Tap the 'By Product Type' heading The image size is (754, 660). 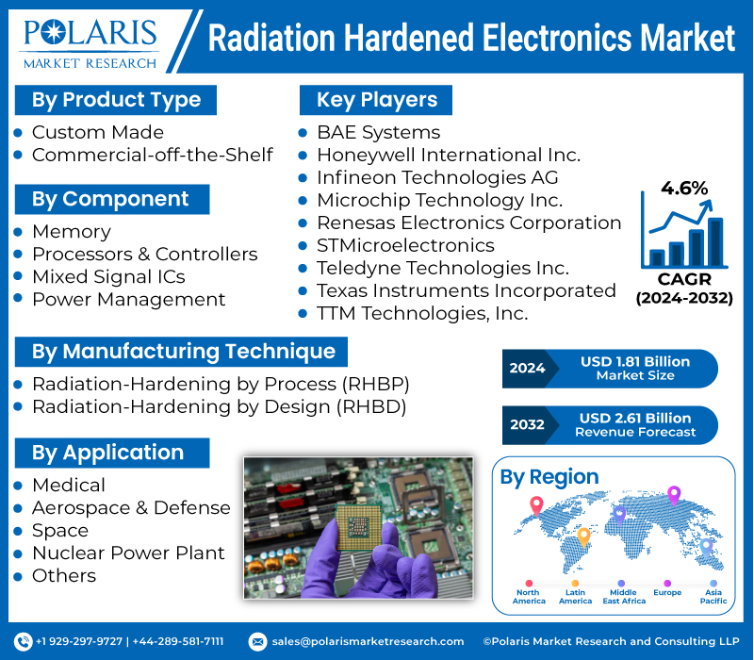116,100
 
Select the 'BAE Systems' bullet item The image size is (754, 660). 378,132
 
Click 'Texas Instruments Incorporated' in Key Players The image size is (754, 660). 466,290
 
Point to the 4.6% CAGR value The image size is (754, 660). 684,188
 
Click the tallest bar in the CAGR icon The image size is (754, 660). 716,241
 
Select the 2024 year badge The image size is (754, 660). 528,368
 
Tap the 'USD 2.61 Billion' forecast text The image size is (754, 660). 635,418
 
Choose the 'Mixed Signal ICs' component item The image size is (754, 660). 108,276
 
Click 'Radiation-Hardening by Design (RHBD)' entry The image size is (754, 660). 219,407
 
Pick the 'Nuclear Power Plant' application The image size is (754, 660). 128,553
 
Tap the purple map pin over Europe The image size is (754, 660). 673,495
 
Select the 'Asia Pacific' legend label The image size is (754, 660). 713,596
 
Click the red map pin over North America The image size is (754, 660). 536,504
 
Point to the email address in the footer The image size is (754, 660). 368,641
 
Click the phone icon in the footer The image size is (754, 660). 25,641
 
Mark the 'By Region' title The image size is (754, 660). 549,477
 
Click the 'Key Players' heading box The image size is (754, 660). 376,100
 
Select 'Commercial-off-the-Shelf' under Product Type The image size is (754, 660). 152,155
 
